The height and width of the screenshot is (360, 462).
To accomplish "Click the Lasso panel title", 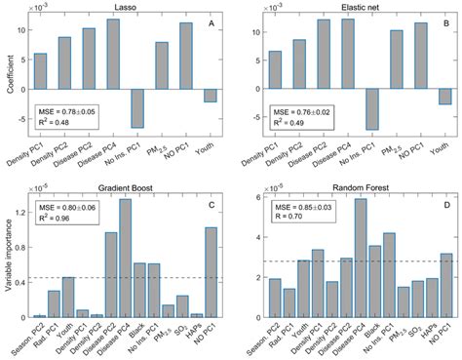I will (x=133, y=7).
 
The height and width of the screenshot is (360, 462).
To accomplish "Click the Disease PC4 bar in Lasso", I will (x=113, y=53).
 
